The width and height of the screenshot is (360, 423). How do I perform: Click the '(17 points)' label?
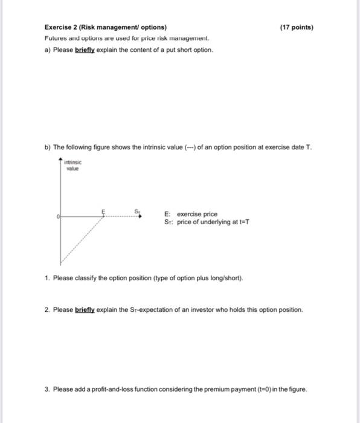click(x=297, y=27)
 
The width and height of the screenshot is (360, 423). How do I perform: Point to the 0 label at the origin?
click(x=58, y=215)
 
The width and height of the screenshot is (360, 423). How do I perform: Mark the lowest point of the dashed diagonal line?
click(x=61, y=263)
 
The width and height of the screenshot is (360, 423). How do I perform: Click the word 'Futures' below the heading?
click(x=56, y=38)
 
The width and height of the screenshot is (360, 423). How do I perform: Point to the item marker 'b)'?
click(x=47, y=147)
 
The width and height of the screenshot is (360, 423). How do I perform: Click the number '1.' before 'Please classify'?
click(x=47, y=279)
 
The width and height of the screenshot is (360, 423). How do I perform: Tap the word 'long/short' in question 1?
click(x=227, y=279)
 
